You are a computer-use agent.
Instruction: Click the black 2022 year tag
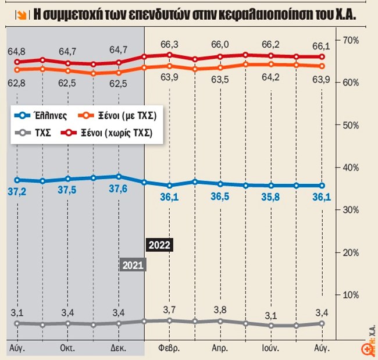click(x=159, y=245)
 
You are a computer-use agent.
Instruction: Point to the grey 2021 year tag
click(x=133, y=265)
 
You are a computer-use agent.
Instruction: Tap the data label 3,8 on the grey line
click(x=220, y=309)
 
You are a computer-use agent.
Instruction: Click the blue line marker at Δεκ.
click(x=119, y=176)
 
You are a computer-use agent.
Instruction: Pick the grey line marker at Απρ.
click(x=220, y=321)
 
